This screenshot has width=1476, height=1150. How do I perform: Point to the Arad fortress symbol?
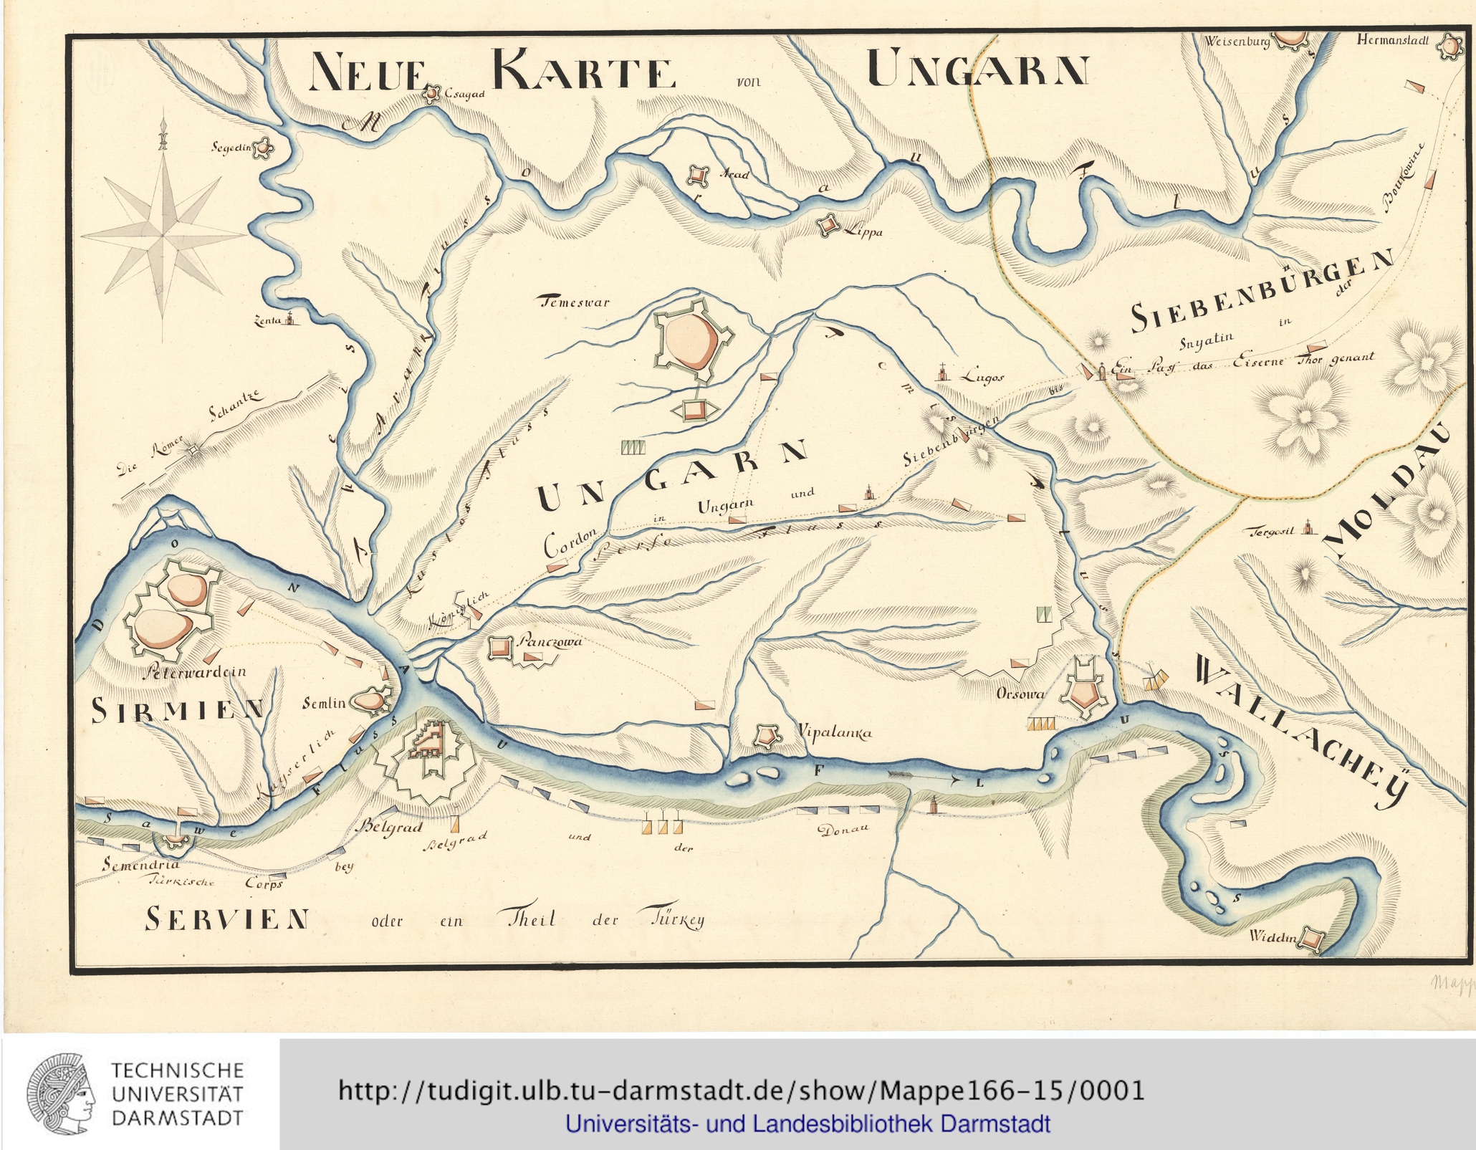pos(696,175)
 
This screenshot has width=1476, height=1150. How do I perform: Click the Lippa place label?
pos(863,232)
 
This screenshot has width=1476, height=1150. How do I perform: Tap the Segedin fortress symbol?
pos(264,148)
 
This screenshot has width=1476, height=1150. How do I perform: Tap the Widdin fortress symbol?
pos(1311,938)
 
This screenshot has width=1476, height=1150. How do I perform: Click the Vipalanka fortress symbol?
pos(767,734)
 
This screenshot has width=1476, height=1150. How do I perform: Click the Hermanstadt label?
pos(1392,41)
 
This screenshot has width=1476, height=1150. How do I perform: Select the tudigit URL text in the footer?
pos(740,1091)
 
